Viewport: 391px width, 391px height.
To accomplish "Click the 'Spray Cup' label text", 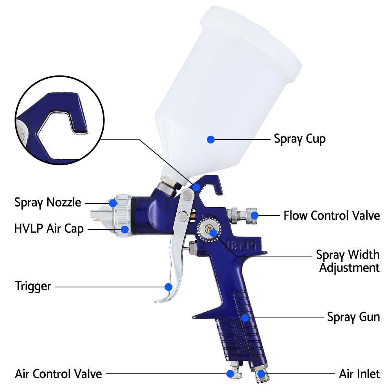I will [300, 139].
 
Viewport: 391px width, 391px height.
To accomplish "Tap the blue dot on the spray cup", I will [211, 139].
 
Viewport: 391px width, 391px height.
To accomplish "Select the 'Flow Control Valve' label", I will [332, 215].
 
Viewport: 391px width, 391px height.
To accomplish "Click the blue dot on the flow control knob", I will [255, 215].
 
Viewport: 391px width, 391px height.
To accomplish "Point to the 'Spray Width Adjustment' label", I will [348, 261].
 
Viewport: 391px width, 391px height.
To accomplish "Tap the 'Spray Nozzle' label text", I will [48, 203].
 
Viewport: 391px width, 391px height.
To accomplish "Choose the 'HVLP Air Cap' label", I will [49, 229].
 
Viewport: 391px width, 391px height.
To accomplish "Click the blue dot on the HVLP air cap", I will [125, 229].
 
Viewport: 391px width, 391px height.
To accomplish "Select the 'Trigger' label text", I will [33, 286].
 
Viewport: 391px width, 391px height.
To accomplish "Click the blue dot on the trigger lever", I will [169, 287].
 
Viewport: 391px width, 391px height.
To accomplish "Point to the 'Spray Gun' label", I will [353, 317].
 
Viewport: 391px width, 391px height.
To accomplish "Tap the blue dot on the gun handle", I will [245, 317].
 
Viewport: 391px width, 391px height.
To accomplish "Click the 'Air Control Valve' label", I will [58, 374].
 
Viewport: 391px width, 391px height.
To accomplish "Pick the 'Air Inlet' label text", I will [359, 374].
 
